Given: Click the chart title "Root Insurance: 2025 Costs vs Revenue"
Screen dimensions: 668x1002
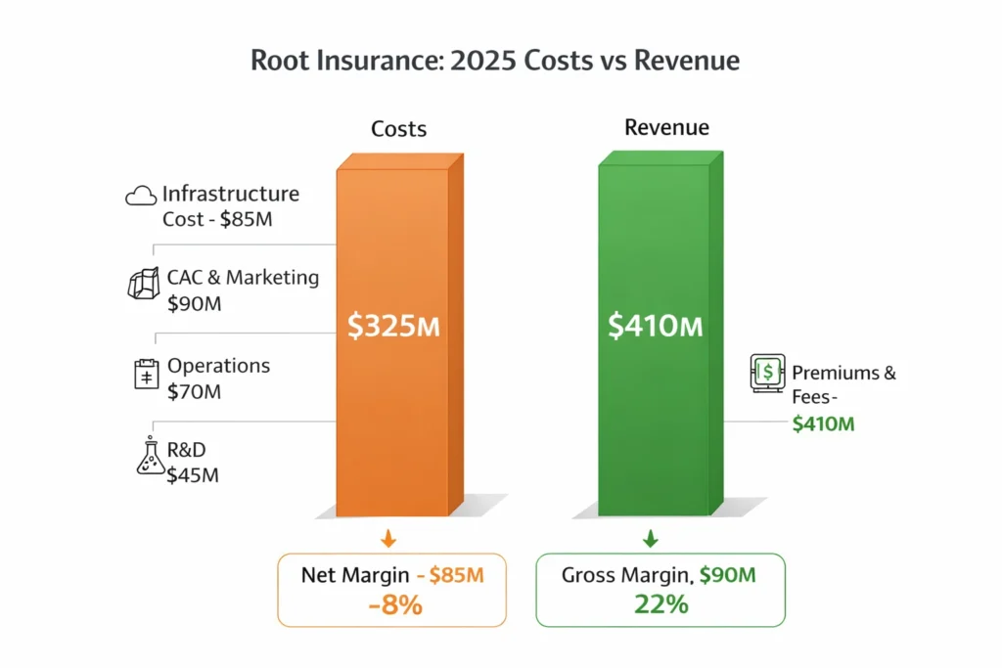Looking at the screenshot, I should click(495, 61).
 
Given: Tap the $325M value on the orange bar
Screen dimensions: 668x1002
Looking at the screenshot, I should click(393, 327).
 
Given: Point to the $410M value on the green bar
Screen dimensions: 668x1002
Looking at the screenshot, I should click(655, 327).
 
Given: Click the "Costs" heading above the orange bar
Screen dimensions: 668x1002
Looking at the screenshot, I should click(398, 129).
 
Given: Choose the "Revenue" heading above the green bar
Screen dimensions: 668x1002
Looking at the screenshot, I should click(666, 128).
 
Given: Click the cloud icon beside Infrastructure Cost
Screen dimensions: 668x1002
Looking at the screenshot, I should click(141, 196).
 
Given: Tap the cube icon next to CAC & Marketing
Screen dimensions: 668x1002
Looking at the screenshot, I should click(143, 284).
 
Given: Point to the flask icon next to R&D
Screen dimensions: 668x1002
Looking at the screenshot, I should click(148, 457).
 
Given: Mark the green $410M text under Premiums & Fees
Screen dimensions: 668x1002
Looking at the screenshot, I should click(823, 423).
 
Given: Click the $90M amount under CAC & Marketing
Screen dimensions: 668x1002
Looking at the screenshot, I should click(195, 304).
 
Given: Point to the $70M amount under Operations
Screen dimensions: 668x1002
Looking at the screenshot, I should click(194, 393).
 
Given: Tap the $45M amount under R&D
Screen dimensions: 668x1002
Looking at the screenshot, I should click(194, 477).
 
